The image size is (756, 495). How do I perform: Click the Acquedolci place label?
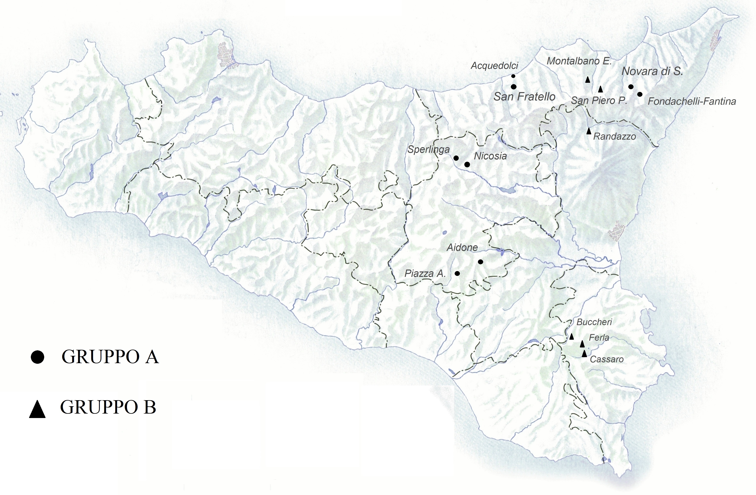point(494,66)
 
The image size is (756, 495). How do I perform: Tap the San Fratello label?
point(524,97)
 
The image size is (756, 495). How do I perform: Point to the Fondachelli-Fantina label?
point(692,101)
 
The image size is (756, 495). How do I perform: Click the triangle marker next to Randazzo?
point(589,130)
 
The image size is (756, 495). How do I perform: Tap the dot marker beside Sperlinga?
point(456,158)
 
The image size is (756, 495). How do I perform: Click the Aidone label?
point(462,247)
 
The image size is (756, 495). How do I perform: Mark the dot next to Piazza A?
point(457,273)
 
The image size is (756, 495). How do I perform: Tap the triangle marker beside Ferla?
point(582,343)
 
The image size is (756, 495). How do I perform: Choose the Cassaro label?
point(607,359)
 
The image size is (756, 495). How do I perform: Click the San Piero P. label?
point(599,101)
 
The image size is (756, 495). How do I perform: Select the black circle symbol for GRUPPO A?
point(37,357)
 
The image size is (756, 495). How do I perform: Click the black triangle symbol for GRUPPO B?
point(37,409)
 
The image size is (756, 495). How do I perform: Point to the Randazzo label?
point(615,137)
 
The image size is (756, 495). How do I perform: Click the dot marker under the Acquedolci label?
point(513,76)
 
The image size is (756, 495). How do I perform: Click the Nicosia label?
point(490,156)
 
